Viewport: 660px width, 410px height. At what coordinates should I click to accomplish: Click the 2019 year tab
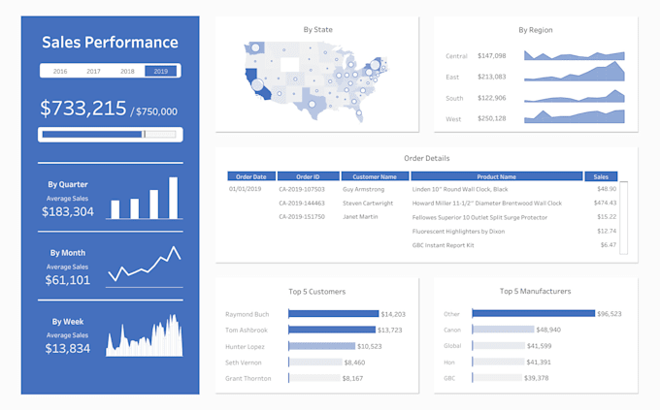pyautogui.click(x=160, y=71)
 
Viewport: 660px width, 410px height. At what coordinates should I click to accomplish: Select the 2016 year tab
pyautogui.click(x=59, y=71)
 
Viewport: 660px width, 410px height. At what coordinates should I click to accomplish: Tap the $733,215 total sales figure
pyautogui.click(x=83, y=108)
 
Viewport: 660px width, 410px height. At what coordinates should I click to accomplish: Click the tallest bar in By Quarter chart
pyautogui.click(x=173, y=198)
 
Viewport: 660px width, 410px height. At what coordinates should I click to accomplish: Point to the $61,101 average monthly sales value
pyautogui.click(x=68, y=280)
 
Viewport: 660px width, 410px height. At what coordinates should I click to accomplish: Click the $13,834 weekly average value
pyautogui.click(x=68, y=349)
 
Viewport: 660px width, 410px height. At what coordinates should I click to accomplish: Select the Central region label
pyautogui.click(x=457, y=56)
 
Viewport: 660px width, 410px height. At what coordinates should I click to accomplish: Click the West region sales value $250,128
pyautogui.click(x=492, y=118)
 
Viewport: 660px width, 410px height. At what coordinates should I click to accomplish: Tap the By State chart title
pyautogui.click(x=317, y=30)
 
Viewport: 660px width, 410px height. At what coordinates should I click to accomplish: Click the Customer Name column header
pyautogui.click(x=375, y=176)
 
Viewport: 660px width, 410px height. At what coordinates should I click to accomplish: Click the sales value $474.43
pyautogui.click(x=605, y=204)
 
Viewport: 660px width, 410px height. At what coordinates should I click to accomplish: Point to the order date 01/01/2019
pyautogui.click(x=246, y=190)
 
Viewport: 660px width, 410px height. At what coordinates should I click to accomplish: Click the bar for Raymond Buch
pyautogui.click(x=333, y=314)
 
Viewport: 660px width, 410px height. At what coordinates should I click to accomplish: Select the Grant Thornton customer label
pyautogui.click(x=248, y=378)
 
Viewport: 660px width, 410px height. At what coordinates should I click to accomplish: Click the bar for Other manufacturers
pyautogui.click(x=533, y=314)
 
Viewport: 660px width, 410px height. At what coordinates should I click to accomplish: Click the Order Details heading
pyautogui.click(x=426, y=158)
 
